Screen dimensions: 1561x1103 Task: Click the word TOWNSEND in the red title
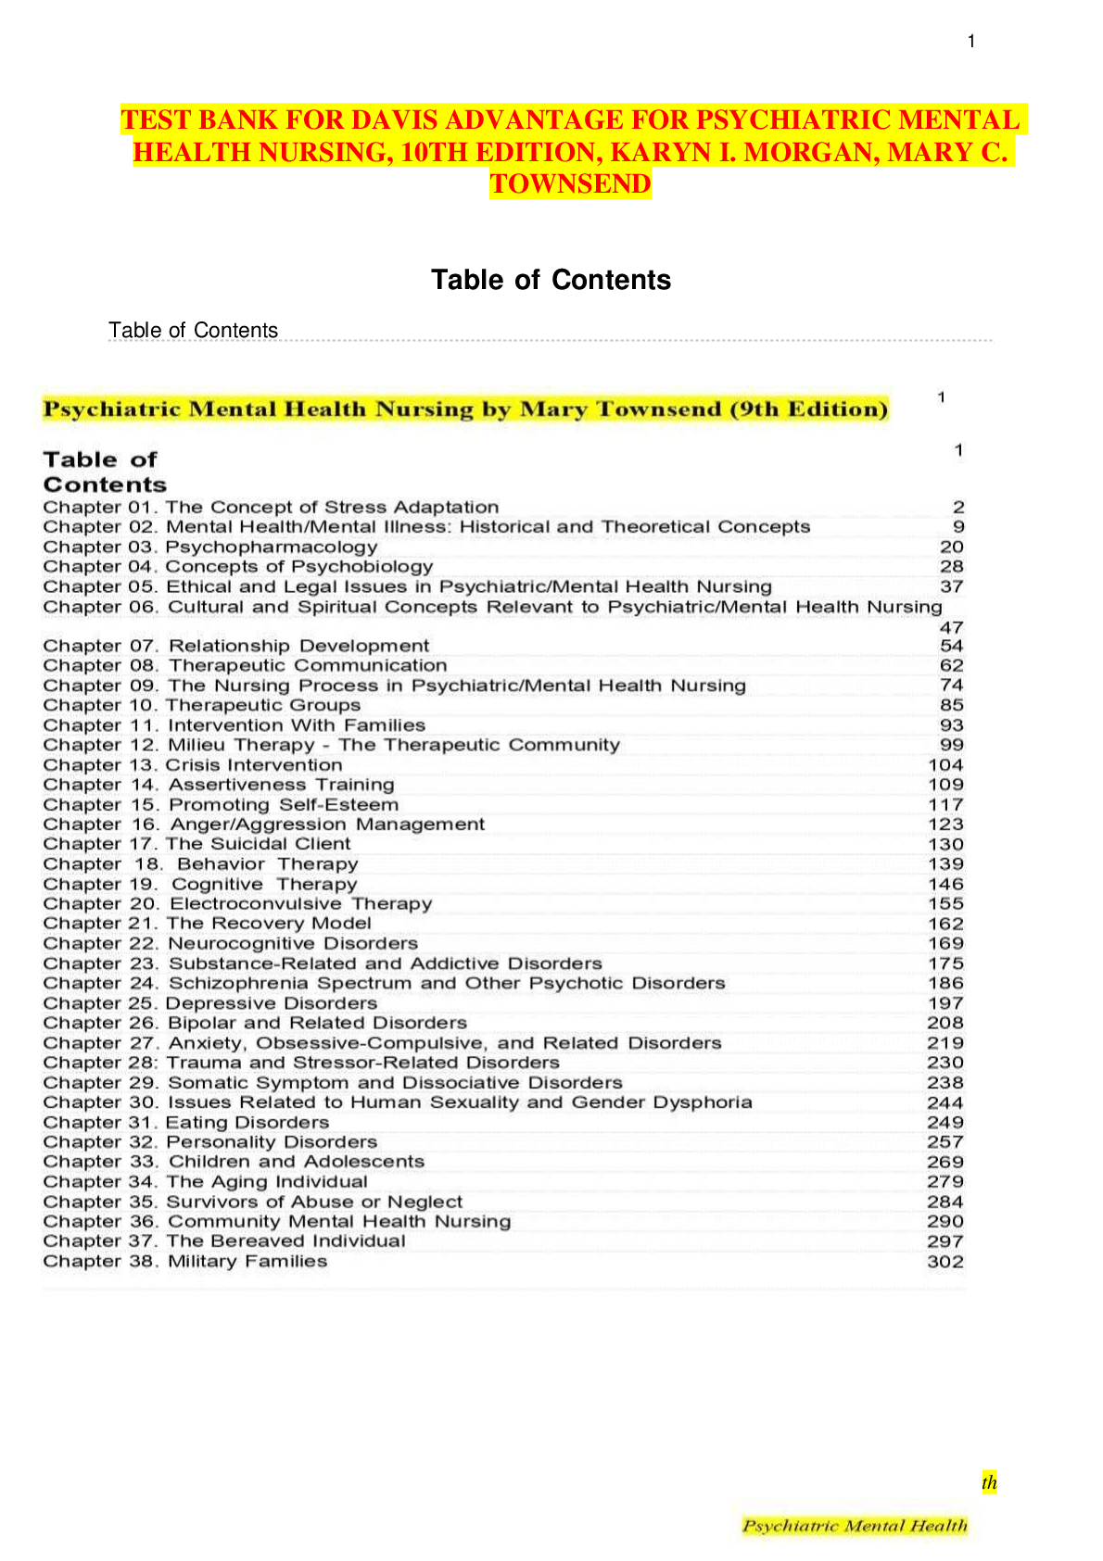570,184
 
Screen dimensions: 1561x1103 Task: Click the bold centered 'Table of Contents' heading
551,280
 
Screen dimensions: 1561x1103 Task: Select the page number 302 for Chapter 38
945,1262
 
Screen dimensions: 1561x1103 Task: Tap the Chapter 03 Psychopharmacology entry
210,547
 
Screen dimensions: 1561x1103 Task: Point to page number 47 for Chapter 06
952,627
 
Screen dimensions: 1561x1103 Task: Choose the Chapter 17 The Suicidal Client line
197,844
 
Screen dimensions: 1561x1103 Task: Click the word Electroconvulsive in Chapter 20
256,903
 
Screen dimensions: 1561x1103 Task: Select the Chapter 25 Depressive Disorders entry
210,1003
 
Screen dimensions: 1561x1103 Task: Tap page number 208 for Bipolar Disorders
945,1023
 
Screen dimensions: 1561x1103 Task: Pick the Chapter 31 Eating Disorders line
186,1122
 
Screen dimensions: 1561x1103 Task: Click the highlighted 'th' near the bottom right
990,1482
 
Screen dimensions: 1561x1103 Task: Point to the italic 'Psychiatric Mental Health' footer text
855,1526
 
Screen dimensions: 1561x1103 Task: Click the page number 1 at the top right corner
970,41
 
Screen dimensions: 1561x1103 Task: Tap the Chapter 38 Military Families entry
185,1262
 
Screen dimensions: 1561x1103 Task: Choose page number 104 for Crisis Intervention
945,765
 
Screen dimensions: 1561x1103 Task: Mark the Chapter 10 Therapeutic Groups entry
202,705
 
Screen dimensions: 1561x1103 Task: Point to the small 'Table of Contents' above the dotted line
193,330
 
